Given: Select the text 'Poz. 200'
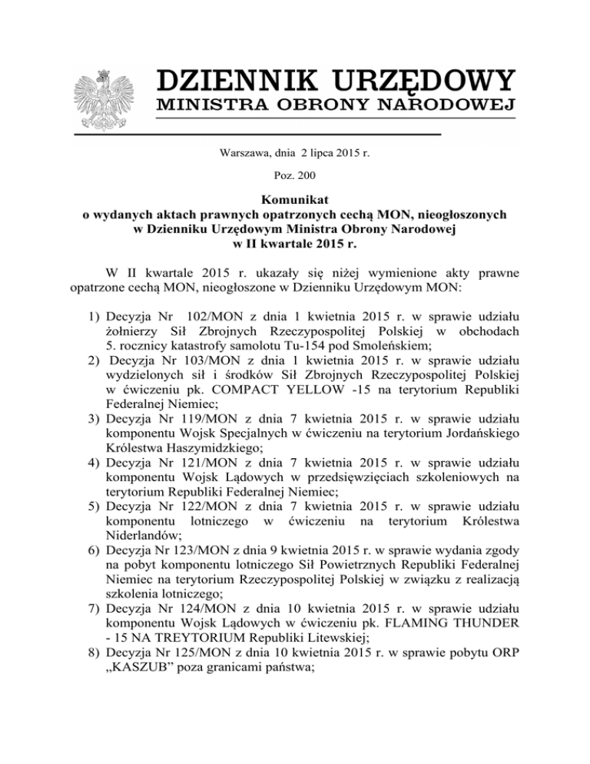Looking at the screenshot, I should pyautogui.click(x=295, y=176).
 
